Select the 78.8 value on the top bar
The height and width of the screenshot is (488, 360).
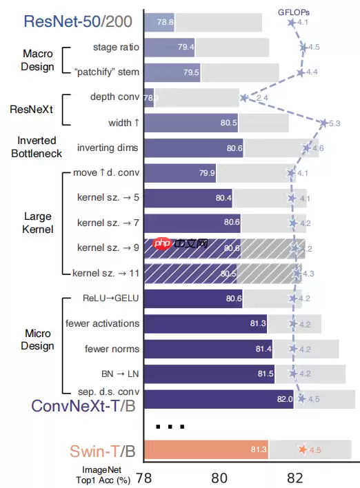[x=166, y=22]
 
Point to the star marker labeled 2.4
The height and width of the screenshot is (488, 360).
[x=244, y=98]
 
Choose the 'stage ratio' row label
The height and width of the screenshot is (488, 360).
[x=116, y=48]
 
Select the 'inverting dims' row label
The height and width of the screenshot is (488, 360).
[x=107, y=148]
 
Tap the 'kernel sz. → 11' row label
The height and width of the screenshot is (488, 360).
[x=109, y=273]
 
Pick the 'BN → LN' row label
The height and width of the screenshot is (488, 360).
[x=113, y=374]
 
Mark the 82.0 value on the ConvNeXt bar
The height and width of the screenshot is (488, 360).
[x=285, y=399]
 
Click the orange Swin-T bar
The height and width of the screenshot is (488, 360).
[x=207, y=449]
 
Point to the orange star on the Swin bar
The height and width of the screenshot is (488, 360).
[x=302, y=450]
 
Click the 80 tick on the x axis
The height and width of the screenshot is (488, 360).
[x=219, y=477]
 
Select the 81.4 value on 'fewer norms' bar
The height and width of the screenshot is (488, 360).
[x=263, y=349]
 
